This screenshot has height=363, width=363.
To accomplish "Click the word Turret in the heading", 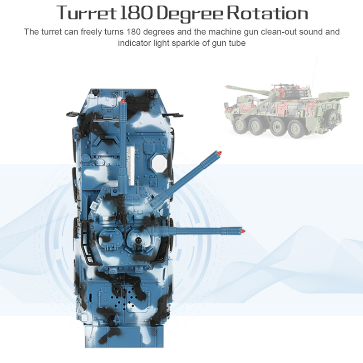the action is (x=86, y=14).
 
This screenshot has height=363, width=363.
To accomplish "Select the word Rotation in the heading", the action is (x=267, y=14).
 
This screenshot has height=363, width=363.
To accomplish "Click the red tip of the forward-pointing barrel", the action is (x=123, y=101).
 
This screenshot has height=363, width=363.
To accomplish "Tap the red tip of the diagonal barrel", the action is (x=219, y=153).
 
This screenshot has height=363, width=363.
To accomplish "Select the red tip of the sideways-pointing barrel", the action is (x=243, y=231).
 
